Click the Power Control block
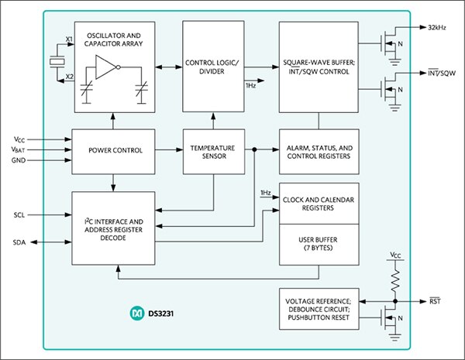coord(115,150)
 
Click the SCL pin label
coord(21,214)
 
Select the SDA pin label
coord(21,242)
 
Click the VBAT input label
coord(20,150)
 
